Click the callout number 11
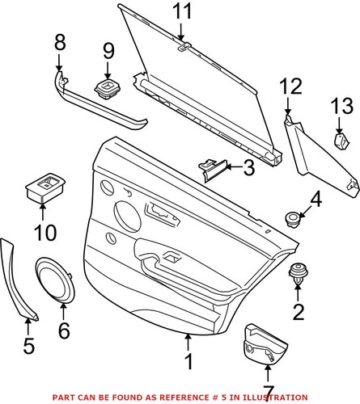point(182,11)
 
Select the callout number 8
point(58,40)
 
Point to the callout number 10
point(45,234)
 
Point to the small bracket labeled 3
point(212,169)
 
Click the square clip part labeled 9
point(107,86)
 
